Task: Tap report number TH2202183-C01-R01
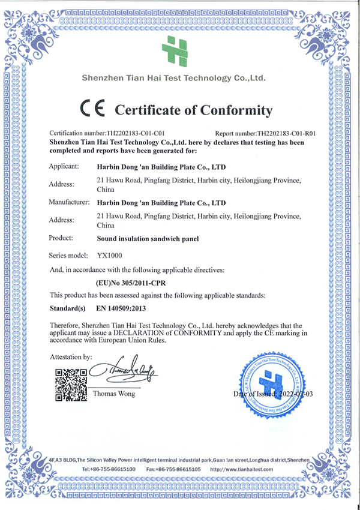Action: coord(286,133)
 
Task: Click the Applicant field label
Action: coord(64,166)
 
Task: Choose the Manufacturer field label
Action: coord(70,203)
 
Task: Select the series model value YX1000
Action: coord(110,255)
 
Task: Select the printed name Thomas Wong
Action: coord(113,394)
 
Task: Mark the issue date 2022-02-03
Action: coord(293,394)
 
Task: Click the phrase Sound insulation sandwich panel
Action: coord(148,239)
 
